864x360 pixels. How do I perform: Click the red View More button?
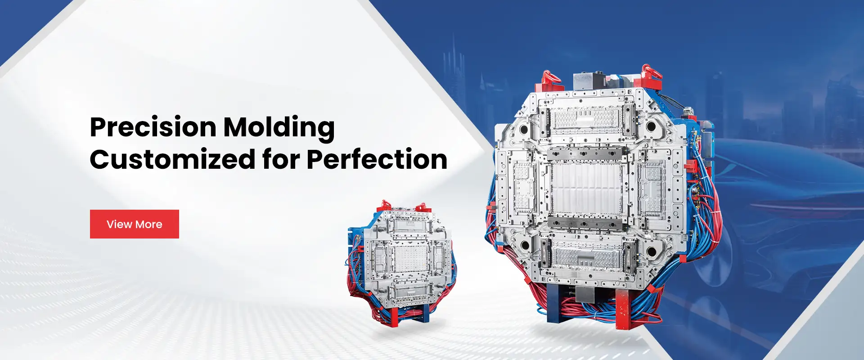tap(135, 224)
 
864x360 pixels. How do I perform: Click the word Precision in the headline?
tap(153, 128)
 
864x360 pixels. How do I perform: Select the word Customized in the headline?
tap(173, 159)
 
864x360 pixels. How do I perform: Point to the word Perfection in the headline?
tap(377, 159)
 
